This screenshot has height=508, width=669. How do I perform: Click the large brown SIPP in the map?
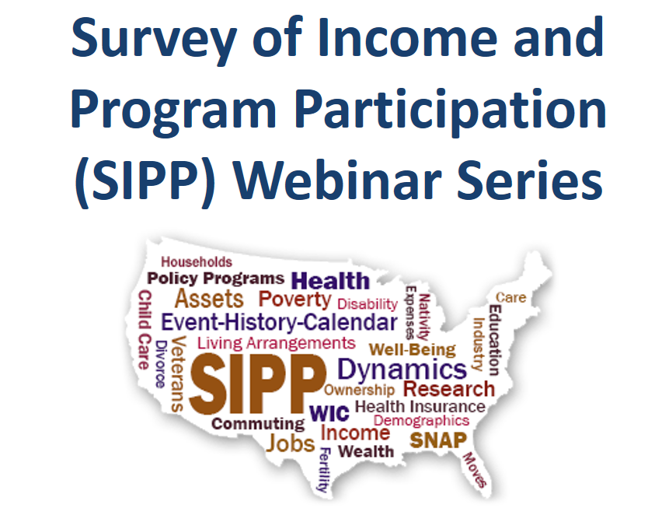[x=256, y=384]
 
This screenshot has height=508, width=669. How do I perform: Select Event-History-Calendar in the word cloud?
[x=279, y=321]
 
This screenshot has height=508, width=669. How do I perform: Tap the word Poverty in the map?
[x=294, y=300]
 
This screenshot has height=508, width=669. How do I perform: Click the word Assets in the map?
[x=209, y=299]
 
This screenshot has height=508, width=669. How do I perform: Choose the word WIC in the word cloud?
[x=329, y=413]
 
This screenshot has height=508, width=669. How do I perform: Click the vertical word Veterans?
[x=178, y=374]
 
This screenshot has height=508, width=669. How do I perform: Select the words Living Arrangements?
[x=276, y=342]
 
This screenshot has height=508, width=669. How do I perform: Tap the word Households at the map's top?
[x=197, y=262]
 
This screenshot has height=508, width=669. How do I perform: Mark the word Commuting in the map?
[x=258, y=424]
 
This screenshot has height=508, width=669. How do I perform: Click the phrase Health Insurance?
[x=420, y=406]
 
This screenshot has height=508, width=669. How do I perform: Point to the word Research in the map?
[x=448, y=388]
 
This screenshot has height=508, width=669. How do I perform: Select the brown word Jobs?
[x=290, y=443]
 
